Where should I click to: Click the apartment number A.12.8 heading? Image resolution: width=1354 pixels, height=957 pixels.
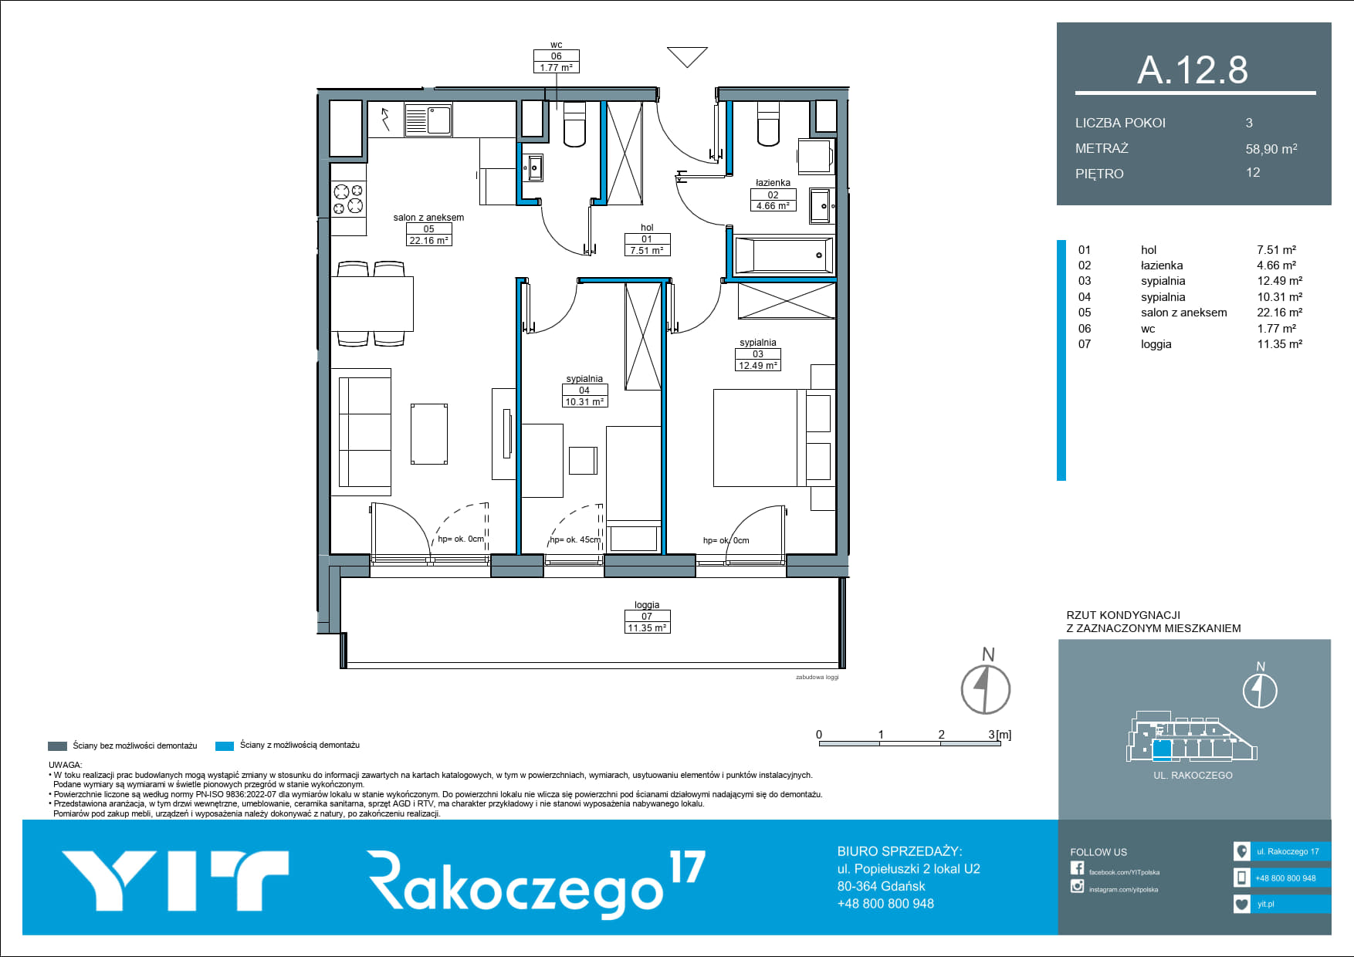coord(1193,69)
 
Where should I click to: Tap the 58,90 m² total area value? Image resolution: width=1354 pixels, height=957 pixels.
coord(1271,148)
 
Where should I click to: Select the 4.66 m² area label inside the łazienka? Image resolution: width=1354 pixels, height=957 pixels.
coord(773,206)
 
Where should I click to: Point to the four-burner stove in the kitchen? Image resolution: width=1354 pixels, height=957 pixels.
coord(348,198)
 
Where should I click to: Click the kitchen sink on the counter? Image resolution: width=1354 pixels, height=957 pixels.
coord(428,120)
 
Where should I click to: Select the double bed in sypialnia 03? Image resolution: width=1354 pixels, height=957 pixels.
coord(760,438)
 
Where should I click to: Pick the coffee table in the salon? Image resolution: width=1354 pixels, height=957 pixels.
coord(429,434)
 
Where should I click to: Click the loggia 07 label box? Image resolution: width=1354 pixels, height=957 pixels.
coord(647,622)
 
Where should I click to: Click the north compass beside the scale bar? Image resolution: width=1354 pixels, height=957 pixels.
coord(986,689)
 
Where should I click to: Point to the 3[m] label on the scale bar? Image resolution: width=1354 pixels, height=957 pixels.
coord(1000,735)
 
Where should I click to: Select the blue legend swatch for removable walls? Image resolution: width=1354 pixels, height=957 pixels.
coord(225,746)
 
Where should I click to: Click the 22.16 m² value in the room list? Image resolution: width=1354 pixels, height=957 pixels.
coord(1279,313)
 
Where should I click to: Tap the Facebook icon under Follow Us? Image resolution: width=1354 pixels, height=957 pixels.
coord(1077,868)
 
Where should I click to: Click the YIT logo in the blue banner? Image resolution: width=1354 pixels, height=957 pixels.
coord(175,881)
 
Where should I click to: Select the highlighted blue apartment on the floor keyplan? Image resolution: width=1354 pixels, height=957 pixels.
coord(1162,749)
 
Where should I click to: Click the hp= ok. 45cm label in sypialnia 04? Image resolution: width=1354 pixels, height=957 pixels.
coord(575,539)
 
